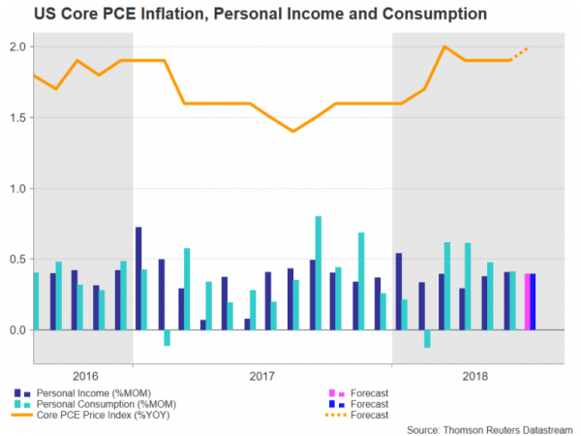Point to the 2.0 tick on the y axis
15,47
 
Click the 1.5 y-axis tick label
15,117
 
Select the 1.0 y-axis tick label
15,188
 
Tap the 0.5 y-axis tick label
15,259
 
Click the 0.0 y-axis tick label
15,330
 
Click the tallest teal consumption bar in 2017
319,273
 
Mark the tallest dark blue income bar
138,278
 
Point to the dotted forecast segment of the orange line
520,53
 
